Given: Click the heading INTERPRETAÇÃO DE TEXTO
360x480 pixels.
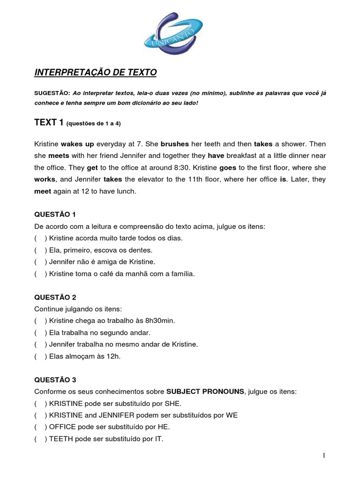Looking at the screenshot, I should tap(96, 73).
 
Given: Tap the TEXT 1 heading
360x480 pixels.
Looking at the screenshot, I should tap(49, 123).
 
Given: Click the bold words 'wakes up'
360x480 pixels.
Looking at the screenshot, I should tap(77, 143).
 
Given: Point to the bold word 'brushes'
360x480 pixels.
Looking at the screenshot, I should tap(174, 143).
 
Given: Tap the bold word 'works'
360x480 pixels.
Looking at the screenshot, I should tap(45, 180).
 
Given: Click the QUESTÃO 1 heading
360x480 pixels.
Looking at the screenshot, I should tap(55, 215).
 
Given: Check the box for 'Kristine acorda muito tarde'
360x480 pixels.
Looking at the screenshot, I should tap(40, 238).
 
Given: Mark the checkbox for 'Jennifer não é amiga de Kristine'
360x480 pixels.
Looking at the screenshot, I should tap(40, 262).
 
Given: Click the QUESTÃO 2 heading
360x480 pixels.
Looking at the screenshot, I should tap(55, 297).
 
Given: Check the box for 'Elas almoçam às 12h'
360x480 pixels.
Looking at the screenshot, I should tap(40, 356).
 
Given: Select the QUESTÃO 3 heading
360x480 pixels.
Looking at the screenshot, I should tap(55, 380).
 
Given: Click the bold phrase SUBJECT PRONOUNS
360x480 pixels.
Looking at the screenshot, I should tap(205, 391).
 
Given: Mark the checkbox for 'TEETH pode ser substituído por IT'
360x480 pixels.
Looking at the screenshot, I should tap(40, 439).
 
